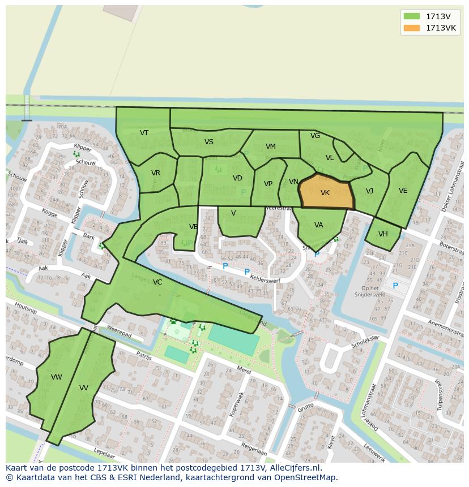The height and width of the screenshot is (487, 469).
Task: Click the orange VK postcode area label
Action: [x=325, y=193]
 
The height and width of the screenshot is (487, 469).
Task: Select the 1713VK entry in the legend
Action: [x=441, y=28]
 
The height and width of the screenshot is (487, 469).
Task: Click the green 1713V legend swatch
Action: [x=411, y=16]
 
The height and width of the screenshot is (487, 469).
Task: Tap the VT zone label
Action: [x=144, y=133]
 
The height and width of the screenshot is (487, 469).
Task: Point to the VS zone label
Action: [x=209, y=142]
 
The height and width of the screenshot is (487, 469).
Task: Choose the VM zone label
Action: [x=271, y=146]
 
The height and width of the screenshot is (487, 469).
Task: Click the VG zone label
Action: [x=315, y=136]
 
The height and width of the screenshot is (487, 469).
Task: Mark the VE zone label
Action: [x=403, y=191]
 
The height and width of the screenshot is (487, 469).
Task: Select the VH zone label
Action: [x=383, y=234]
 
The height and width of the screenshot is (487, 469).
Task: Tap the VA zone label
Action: [x=318, y=225]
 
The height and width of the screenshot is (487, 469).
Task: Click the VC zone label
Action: [x=157, y=282]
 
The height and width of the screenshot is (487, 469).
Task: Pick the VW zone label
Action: [x=56, y=377]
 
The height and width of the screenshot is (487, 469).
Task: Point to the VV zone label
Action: [x=84, y=388]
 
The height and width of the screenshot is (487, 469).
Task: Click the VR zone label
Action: [x=156, y=173]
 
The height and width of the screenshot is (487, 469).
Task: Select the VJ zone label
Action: [x=369, y=191]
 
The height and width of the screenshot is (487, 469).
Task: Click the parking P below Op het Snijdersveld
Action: [x=395, y=286]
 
